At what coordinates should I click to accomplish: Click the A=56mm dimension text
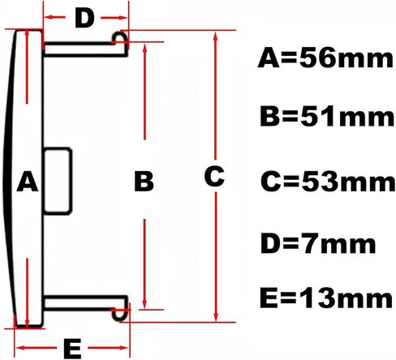pyautogui.click(x=325, y=58)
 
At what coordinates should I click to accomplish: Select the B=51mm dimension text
pyautogui.click(x=327, y=117)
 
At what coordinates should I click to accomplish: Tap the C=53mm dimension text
pyautogui.click(x=328, y=182)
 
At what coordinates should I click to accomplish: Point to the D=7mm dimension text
pyautogui.click(x=318, y=243)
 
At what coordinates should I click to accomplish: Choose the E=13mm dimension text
pyautogui.click(x=326, y=298)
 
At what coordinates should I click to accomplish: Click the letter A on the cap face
pyautogui.click(x=28, y=181)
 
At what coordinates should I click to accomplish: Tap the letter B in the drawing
pyautogui.click(x=144, y=181)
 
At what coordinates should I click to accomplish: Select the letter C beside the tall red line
pyautogui.click(x=214, y=176)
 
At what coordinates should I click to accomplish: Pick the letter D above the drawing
pyautogui.click(x=84, y=18)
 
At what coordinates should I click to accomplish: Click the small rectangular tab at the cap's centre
pyautogui.click(x=58, y=181)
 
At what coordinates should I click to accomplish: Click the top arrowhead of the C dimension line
pyautogui.click(x=215, y=36)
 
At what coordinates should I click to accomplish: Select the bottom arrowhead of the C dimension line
pyautogui.click(x=216, y=316)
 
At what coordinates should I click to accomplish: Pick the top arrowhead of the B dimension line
pyautogui.click(x=144, y=48)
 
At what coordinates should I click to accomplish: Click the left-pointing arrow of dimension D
pyautogui.click(x=54, y=18)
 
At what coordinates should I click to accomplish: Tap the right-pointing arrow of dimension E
pyautogui.click(x=108, y=348)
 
